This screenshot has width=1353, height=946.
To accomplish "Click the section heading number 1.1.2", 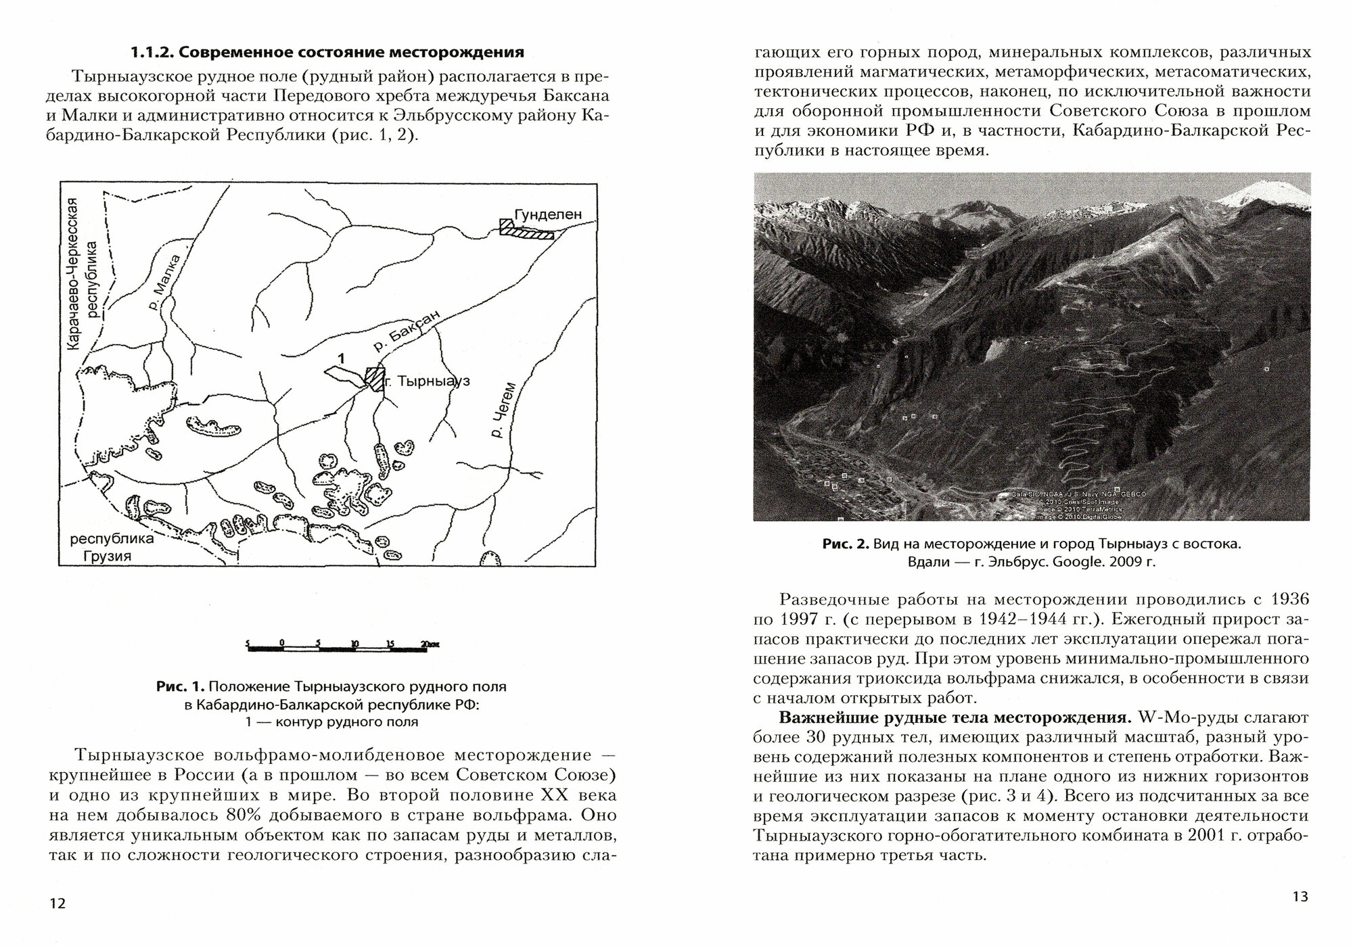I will point(154,52).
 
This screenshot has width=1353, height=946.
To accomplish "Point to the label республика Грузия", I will point(112,548).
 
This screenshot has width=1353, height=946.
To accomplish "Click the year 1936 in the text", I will point(1289,599).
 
